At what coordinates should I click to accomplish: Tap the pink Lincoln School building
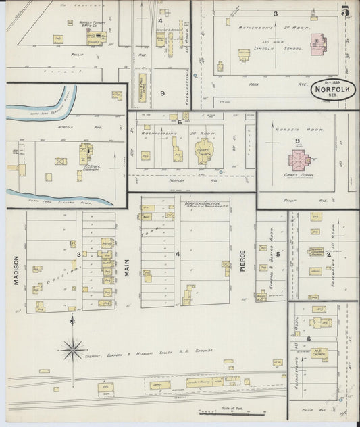pos(316,46)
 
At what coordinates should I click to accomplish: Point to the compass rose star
pos(72,349)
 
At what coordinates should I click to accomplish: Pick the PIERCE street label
pos(242,263)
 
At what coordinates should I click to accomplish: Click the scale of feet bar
pos(230,411)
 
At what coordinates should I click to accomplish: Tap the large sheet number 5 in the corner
pos(345,11)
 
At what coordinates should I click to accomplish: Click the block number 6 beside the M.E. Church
pos(309,338)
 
